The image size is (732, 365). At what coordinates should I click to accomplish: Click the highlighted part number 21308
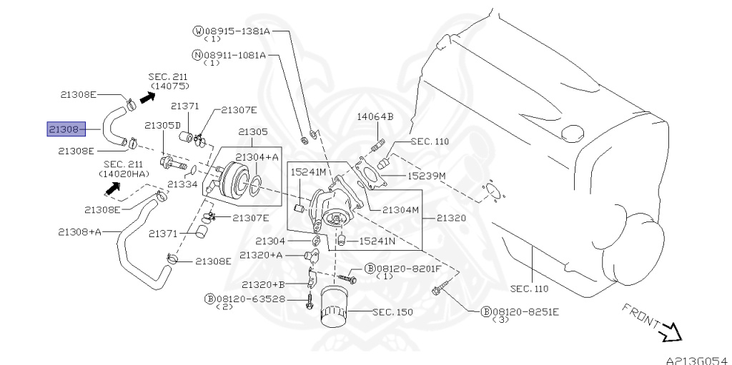(66, 129)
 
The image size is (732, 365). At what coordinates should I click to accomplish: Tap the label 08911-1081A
(234, 55)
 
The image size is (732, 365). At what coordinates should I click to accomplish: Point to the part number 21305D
(162, 125)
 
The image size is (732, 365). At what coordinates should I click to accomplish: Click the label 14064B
(375, 116)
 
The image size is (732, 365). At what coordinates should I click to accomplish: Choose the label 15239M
(426, 176)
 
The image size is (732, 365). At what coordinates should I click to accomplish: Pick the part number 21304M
(400, 210)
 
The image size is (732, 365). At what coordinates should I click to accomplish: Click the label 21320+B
(263, 284)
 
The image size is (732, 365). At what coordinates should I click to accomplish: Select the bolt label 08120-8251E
(525, 312)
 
